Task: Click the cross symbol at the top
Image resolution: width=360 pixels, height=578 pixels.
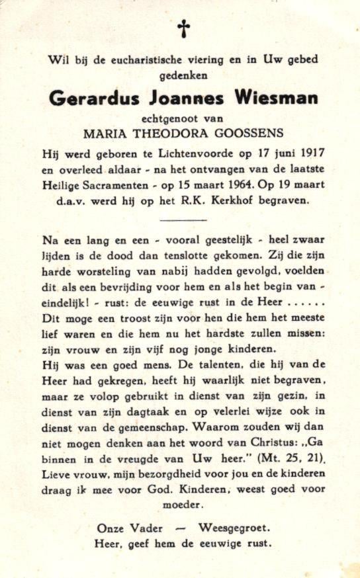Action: click(183, 28)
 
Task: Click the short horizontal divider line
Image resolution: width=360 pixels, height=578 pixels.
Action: click(184, 220)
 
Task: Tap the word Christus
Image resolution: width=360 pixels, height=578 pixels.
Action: click(263, 440)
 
